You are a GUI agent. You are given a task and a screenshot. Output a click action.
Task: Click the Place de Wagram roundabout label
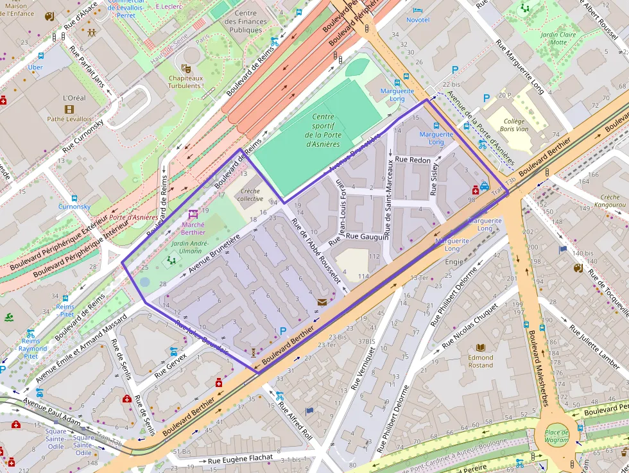556,436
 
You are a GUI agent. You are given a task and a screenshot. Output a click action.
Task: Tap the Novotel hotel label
418,20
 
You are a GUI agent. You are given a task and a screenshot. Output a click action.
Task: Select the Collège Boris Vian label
513,125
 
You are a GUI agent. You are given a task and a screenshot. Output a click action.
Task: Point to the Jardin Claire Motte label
558,39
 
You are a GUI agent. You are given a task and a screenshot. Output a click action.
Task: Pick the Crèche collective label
250,194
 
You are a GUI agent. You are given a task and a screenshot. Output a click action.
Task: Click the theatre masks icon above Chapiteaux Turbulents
186,68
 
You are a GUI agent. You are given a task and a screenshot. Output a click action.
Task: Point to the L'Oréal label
74,98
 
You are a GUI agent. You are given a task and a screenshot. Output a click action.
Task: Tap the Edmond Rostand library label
480,361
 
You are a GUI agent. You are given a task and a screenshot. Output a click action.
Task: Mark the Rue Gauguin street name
367,237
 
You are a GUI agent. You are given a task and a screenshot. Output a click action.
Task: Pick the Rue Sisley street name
435,179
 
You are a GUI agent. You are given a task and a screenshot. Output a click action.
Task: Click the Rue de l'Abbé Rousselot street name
316,250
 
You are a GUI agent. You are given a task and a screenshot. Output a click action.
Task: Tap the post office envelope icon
321,301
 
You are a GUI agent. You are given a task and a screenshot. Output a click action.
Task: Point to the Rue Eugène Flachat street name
241,460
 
